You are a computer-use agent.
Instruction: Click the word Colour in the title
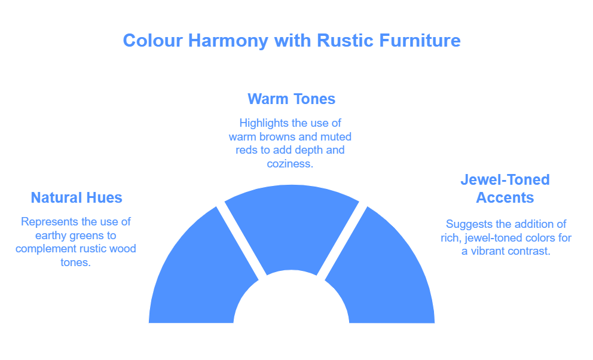(153, 41)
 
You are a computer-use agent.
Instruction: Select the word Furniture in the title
(420, 41)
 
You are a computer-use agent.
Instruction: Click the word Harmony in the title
(228, 41)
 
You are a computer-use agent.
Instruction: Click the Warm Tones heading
(291, 99)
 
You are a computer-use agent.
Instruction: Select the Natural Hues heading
(77, 198)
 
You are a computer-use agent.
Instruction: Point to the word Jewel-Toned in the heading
(505, 179)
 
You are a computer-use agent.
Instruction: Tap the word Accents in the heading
(505, 198)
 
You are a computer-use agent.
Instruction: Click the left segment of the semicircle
(200, 272)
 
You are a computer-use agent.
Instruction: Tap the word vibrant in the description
(488, 251)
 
